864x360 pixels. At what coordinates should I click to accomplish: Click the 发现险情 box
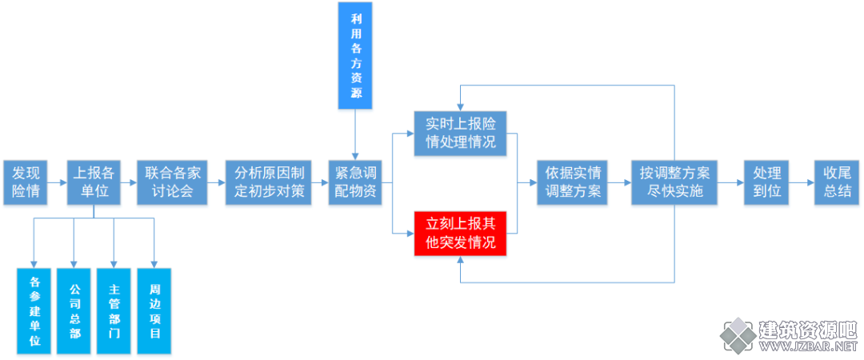(26, 183)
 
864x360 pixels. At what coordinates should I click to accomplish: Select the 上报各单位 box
(93, 183)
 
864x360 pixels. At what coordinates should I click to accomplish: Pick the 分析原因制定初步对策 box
(268, 183)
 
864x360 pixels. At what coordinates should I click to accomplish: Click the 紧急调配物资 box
(355, 183)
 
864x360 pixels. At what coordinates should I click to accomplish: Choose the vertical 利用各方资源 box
(356, 54)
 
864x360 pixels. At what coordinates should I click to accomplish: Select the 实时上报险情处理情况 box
(461, 134)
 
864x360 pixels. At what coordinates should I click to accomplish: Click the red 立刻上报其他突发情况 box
(461, 234)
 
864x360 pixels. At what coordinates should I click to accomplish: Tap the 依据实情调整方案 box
(569, 183)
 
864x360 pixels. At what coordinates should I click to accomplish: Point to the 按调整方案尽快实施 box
(675, 183)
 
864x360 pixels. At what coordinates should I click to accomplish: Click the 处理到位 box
(766, 183)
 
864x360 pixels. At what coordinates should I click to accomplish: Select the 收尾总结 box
(837, 183)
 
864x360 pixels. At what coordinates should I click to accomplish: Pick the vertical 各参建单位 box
(34, 311)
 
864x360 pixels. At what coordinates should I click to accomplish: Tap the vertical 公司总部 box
(74, 311)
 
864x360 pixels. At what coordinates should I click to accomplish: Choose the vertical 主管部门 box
(114, 311)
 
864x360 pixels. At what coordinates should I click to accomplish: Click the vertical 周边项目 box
(154, 311)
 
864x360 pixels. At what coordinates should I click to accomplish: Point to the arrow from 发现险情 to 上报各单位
(58, 183)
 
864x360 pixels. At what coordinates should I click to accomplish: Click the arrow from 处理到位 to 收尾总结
(802, 183)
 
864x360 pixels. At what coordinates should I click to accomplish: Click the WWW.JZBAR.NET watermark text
(808, 346)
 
